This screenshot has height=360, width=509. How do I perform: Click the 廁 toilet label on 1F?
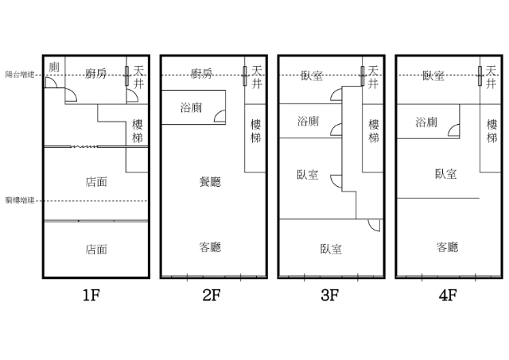pos(54,67)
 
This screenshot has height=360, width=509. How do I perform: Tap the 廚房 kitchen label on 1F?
pos(96,74)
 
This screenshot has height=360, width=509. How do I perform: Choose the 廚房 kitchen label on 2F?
pos(201,74)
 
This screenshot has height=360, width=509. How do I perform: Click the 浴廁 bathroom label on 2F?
pos(192,106)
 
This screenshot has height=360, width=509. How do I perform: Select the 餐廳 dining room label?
pos(210,182)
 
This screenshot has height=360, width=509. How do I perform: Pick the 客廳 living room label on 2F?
pos(210,247)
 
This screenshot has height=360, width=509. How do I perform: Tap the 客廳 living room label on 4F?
pos(448,247)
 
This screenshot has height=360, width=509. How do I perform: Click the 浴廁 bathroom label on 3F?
pos(308,122)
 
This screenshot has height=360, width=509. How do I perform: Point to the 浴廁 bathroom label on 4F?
pos(426,122)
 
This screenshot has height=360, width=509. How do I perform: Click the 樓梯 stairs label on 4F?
pos(492,130)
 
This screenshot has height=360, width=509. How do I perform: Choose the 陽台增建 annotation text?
pos(18,74)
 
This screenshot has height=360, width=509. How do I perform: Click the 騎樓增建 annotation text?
pos(18,200)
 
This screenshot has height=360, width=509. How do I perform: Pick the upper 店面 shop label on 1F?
pos(96,182)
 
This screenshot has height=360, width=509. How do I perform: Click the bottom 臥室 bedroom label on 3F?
pos(331,249)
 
